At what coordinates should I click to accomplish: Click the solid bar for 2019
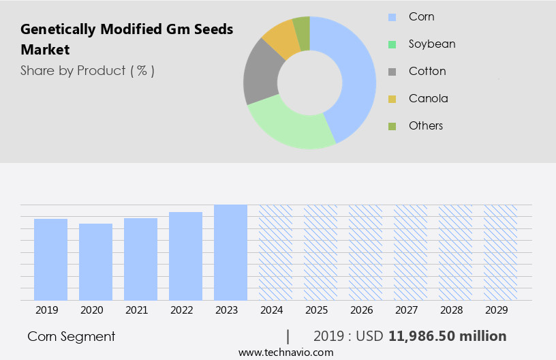[x=50, y=259]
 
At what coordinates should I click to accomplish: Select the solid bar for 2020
[x=95, y=262]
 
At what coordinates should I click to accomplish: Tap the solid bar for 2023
[x=230, y=252]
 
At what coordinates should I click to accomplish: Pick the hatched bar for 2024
[x=275, y=252]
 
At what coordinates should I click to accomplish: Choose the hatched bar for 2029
[x=500, y=252]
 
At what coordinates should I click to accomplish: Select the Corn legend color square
[x=392, y=17]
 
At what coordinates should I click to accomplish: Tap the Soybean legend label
[x=432, y=44]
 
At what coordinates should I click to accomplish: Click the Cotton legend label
[x=427, y=71]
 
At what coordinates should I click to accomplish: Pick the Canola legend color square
[x=392, y=99]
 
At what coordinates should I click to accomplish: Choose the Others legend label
[x=426, y=125]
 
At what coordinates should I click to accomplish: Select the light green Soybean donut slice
[x=290, y=126]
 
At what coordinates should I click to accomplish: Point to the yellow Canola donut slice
[x=281, y=40]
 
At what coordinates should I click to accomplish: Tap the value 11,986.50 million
[x=447, y=336]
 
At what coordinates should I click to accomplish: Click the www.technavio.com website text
[x=285, y=352]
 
